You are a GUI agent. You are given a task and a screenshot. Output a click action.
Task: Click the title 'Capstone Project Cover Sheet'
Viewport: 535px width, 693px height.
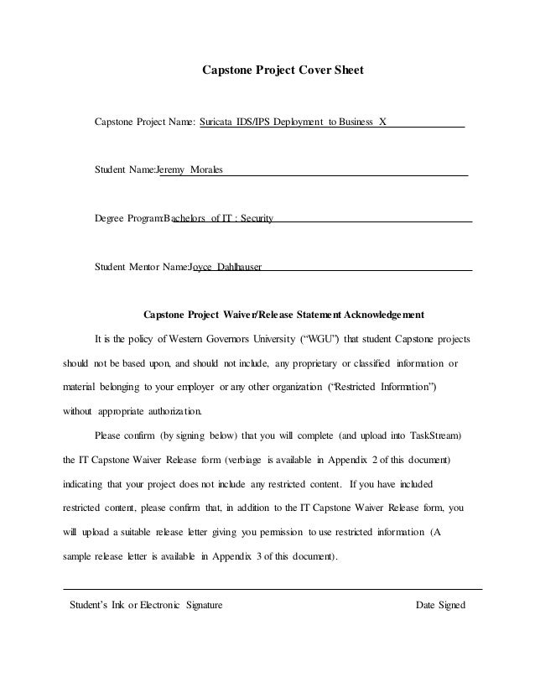[x=283, y=70]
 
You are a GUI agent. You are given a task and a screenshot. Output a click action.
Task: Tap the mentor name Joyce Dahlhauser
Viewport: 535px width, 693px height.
[x=226, y=268]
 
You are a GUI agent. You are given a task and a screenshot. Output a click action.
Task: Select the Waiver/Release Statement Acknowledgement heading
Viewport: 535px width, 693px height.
[x=283, y=315]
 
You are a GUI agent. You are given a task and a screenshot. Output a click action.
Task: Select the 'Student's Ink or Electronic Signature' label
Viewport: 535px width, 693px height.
[x=145, y=605]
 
